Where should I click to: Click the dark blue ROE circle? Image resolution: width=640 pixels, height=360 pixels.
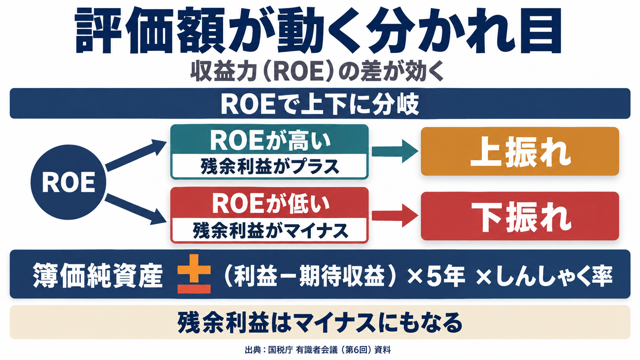pos(68,182)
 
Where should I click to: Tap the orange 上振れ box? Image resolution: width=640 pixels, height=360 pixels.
pos(520,151)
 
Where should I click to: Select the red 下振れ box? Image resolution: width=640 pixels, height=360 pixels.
pos(520,216)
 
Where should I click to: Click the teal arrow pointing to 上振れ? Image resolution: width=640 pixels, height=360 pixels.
pos(395,151)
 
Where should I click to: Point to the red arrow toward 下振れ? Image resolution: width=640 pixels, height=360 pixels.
pos(395,215)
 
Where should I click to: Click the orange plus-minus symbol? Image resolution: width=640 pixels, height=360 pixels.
pos(194,274)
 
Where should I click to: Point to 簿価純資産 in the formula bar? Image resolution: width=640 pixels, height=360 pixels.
pos(98,275)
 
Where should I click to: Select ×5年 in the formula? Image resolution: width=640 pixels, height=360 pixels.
pos(436,275)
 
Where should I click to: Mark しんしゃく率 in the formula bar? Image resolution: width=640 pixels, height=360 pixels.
pos(554,275)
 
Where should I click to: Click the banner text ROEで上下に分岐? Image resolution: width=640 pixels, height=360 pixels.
pos(320,104)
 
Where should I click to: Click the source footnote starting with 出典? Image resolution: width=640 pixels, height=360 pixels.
pos(317,349)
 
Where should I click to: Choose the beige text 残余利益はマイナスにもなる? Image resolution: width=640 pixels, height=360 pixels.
pos(320,322)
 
